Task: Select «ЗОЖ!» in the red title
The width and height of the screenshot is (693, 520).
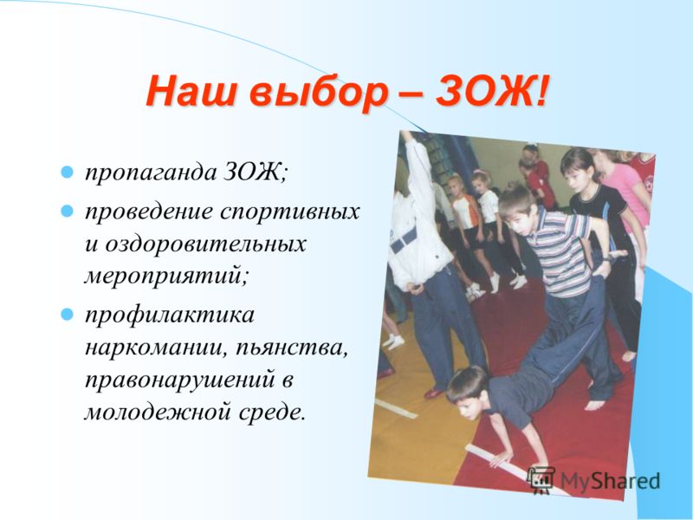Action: click(493, 91)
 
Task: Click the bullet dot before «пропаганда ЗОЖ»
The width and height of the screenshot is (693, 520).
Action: click(67, 172)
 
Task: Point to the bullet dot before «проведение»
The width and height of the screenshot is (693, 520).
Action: click(67, 211)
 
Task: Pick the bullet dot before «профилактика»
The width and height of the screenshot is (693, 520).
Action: click(67, 315)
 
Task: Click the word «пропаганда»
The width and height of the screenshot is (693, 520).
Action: click(150, 173)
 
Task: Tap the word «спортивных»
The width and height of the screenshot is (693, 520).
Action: click(290, 212)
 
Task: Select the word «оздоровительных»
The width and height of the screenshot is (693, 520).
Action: click(205, 244)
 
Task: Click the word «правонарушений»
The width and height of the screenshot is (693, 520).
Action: click(180, 381)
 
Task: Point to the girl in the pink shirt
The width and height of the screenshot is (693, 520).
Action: click(627, 190)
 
